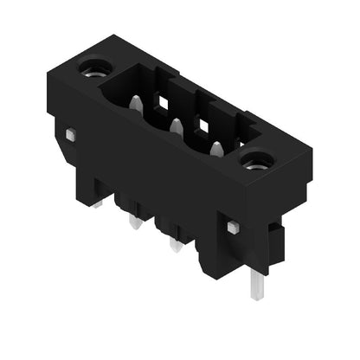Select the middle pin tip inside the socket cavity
pyautogui.click(x=177, y=127)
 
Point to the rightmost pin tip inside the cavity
pyautogui.click(x=215, y=150)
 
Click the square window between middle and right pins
pyautogui.click(x=204, y=127)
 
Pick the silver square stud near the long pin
pyautogui.click(x=233, y=227)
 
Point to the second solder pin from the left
pyautogui.click(x=135, y=222)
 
